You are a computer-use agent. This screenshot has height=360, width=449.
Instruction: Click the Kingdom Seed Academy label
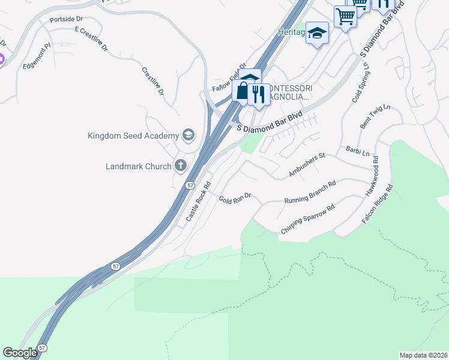point(133,136)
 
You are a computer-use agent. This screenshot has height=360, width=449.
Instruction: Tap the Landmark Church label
point(138,166)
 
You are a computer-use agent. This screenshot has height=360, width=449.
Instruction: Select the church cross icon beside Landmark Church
point(181,165)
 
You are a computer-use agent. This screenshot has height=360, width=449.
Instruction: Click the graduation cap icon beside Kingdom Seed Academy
point(188,134)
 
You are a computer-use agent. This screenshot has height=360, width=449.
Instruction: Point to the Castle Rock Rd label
point(199,202)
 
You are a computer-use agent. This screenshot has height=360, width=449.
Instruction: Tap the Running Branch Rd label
point(309,191)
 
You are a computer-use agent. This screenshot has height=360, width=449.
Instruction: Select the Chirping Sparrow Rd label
point(307,220)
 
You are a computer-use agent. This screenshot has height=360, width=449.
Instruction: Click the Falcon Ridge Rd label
point(377,205)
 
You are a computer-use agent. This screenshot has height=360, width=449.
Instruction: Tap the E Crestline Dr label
point(91,38)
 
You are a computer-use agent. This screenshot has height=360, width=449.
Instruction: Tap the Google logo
point(20,352)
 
